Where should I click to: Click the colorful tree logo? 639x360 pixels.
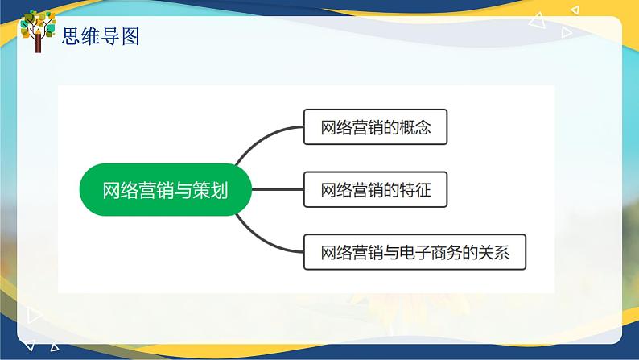tap(37, 31)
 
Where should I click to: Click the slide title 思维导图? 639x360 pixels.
tap(101, 35)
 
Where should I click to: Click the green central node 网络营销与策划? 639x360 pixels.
tap(165, 190)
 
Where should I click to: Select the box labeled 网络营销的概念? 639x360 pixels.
tap(374, 126)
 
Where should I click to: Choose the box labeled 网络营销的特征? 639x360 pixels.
tap(374, 190)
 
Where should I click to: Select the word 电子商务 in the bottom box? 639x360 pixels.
tap(434, 251)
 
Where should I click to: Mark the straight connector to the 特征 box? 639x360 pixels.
tap(278, 190)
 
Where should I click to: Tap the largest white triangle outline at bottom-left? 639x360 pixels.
tap(34, 315)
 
